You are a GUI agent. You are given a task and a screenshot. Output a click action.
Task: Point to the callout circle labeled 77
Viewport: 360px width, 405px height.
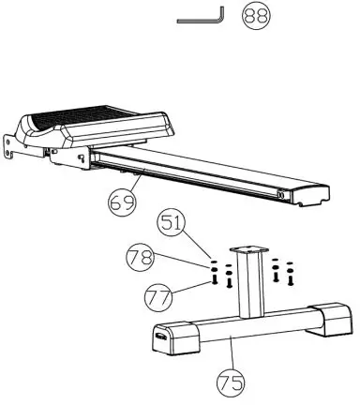point(157,299)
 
